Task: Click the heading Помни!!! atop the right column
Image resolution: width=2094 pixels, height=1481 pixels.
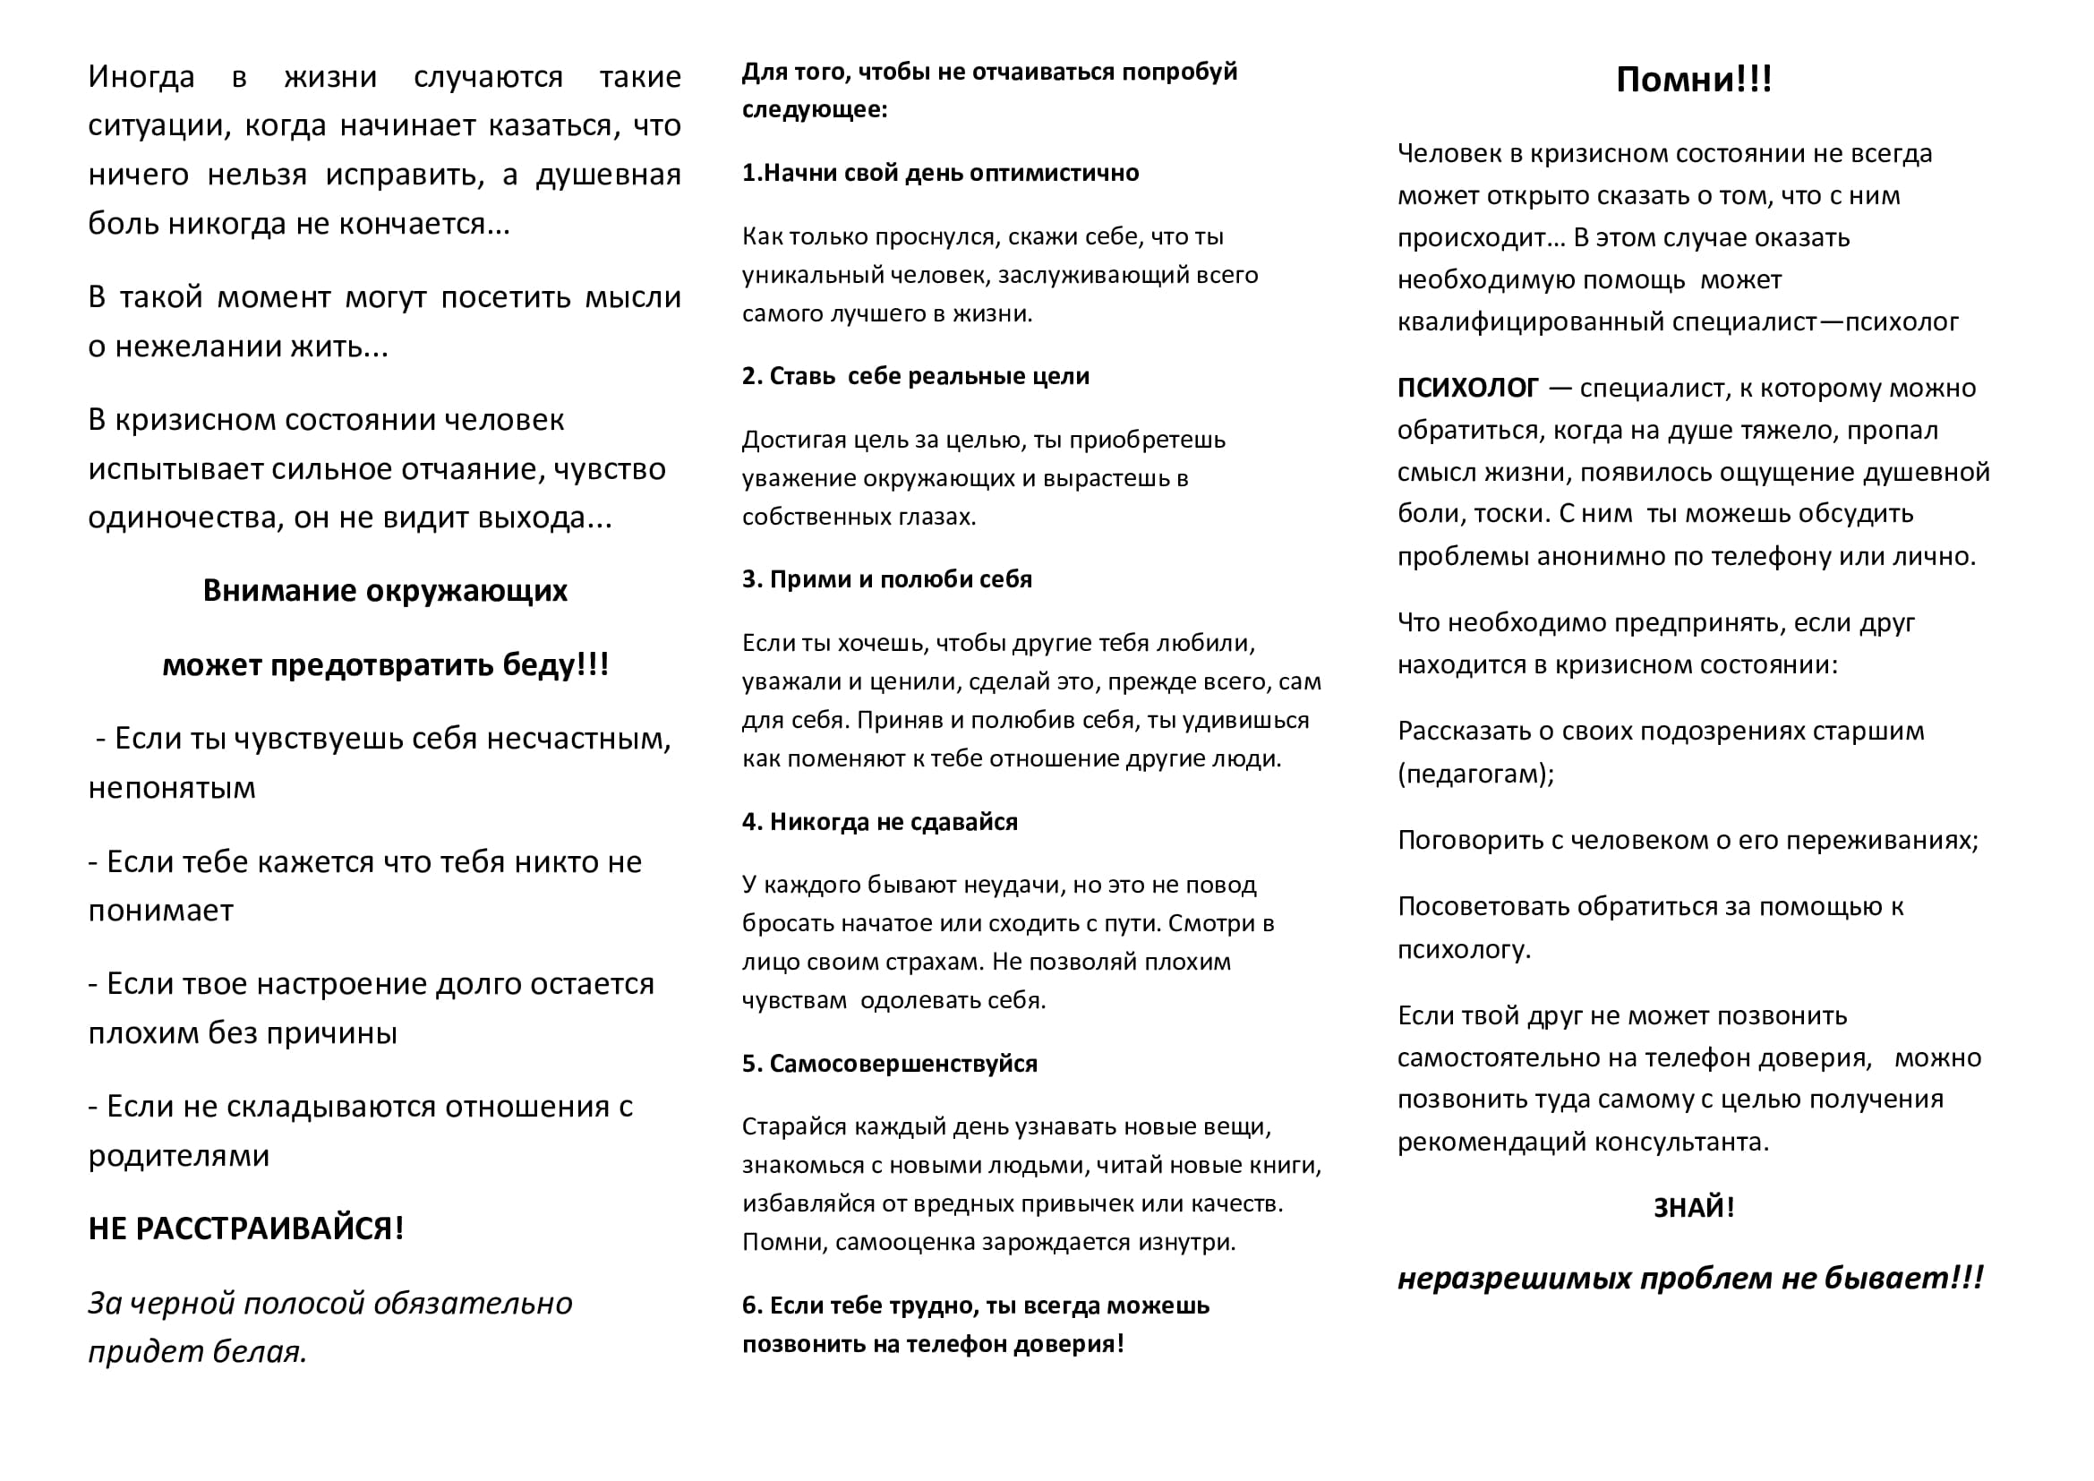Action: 1693,81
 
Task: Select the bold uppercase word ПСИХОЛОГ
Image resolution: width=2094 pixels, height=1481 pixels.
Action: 1467,389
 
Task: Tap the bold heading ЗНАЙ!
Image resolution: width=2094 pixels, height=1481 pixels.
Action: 1693,1207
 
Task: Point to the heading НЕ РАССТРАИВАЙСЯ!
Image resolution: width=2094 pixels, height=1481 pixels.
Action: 245,1228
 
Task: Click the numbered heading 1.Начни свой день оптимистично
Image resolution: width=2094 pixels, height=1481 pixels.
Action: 939,174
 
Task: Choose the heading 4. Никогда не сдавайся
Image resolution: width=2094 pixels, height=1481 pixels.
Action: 879,822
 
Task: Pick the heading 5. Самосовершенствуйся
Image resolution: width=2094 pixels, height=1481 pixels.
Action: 889,1064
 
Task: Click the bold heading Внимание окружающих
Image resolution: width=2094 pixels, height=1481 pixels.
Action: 385,591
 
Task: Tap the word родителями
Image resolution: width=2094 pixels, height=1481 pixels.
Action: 179,1155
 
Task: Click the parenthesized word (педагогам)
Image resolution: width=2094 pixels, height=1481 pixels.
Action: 1474,775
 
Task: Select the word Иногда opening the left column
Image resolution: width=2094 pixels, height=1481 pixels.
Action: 141,77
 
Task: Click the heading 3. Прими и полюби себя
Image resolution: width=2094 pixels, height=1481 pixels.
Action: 886,580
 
